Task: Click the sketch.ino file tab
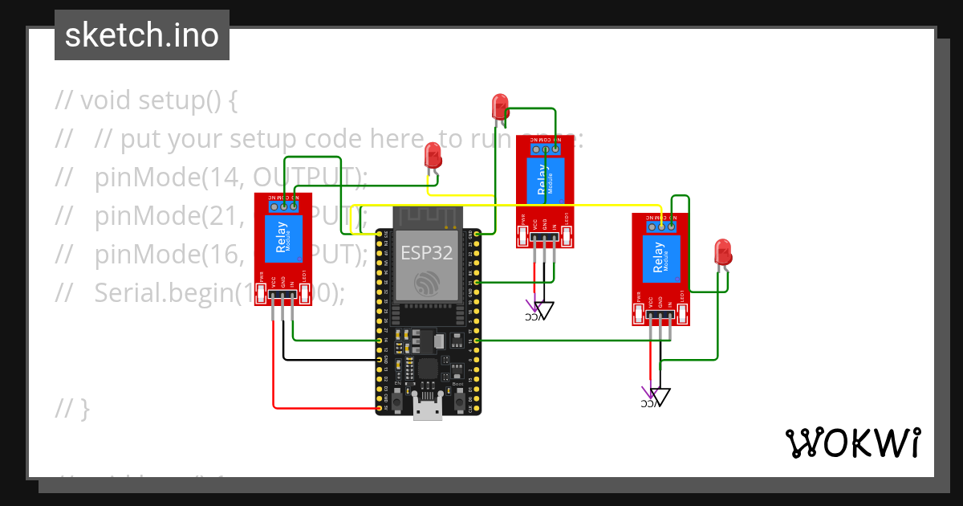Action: [141, 35]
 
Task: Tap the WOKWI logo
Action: [851, 443]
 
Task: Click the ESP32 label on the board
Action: [427, 253]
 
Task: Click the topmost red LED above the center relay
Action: [499, 106]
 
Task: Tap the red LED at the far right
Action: [722, 251]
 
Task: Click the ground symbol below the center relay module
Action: [545, 309]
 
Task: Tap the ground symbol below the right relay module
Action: [660, 396]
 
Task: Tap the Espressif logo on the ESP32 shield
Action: [426, 284]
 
